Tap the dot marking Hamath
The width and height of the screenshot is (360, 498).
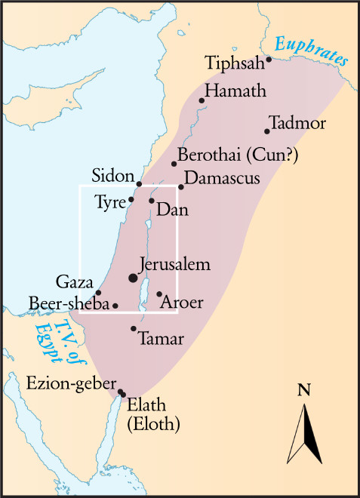(202, 100)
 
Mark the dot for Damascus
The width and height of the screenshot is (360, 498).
(181, 187)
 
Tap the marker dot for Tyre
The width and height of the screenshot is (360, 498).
(131, 199)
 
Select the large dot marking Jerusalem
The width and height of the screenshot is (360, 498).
(134, 278)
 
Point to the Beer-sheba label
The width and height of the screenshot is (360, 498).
(69, 303)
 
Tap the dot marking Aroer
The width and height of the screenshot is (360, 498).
(159, 294)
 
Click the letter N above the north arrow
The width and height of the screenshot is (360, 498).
(304, 390)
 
